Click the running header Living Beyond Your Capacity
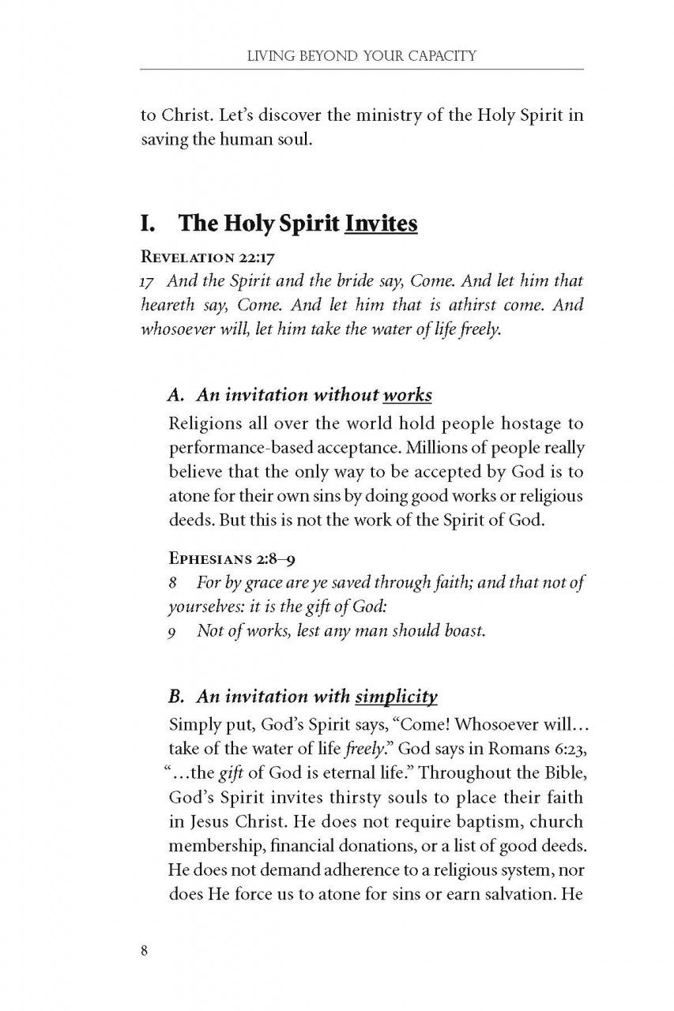coord(361,57)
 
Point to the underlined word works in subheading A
coord(406,395)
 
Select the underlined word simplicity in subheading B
coord(397,697)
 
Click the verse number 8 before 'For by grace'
coord(173,582)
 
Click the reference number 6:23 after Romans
coord(567,750)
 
